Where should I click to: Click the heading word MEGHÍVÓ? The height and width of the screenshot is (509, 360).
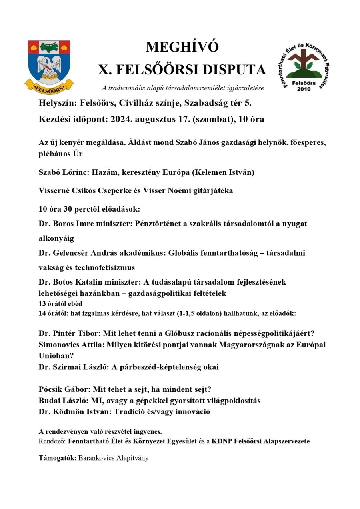tap(182, 47)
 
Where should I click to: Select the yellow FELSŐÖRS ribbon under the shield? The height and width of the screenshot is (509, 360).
tap(49, 85)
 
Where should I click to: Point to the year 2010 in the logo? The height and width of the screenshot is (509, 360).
tap(304, 89)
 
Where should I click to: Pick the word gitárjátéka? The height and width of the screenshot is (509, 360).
tap(212, 191)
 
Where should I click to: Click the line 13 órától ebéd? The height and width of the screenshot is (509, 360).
tap(60, 304)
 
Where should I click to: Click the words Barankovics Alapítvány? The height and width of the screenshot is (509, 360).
tap(113, 458)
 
